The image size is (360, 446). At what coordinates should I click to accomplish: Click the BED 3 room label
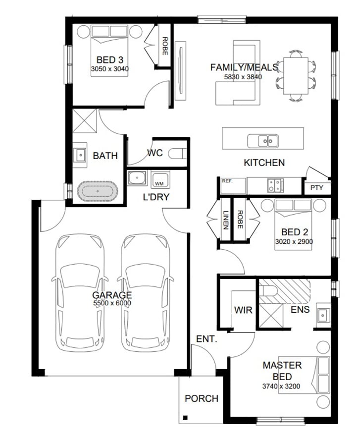(109, 60)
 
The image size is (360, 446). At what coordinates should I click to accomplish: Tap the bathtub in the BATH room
(98, 191)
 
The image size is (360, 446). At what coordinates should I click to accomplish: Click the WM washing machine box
(160, 180)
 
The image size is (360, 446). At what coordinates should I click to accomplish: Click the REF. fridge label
(227, 181)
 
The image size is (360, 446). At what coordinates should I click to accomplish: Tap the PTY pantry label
(316, 188)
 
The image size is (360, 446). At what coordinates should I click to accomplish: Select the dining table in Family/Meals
(296, 76)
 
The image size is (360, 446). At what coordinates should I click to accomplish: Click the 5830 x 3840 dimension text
(243, 77)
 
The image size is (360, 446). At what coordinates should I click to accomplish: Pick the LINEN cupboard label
(226, 220)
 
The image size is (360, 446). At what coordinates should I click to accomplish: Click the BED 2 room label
(294, 232)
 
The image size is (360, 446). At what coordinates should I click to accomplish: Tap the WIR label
(243, 310)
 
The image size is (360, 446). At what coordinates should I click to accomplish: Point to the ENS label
(300, 309)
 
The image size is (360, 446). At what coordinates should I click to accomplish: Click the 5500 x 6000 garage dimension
(112, 303)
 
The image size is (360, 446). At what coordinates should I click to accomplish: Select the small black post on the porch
(185, 418)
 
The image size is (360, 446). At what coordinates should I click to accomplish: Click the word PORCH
(202, 398)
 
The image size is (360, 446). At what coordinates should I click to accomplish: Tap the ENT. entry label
(206, 339)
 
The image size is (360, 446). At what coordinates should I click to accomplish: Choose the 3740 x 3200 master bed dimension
(281, 386)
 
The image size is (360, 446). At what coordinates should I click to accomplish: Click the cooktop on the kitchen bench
(275, 185)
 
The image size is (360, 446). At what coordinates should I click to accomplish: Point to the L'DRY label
(156, 197)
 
